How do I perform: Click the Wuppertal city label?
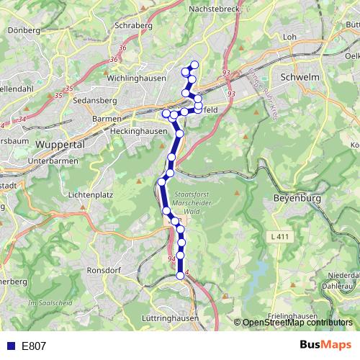[x=60, y=144]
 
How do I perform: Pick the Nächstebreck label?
[x=213, y=9]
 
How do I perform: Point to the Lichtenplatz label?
[x=88, y=195]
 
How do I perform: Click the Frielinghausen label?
[x=294, y=316]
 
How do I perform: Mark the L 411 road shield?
[x=282, y=237]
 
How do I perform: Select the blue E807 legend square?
[x=9, y=346]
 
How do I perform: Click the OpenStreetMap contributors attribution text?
[x=297, y=323]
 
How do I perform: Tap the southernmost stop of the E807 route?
[x=181, y=276]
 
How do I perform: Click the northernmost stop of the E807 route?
[x=194, y=65]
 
